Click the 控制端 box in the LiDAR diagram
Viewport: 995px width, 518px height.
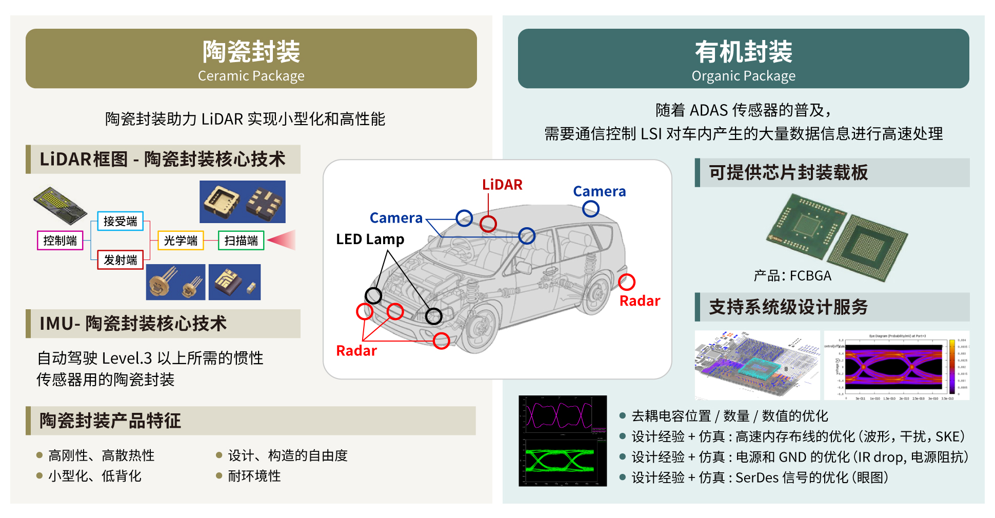[60, 241]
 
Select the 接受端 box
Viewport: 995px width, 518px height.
[120, 221]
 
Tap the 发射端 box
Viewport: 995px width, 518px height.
[120, 260]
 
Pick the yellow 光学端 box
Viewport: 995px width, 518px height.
[181, 241]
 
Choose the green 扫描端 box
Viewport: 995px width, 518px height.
[241, 241]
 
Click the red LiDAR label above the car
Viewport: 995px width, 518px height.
[502, 185]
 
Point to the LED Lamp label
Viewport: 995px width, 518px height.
[370, 239]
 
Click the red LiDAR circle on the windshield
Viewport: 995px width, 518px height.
[488, 224]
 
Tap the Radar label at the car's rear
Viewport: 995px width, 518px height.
[640, 301]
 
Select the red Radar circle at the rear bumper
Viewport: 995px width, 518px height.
[627, 282]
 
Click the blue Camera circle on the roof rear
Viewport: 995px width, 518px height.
[591, 209]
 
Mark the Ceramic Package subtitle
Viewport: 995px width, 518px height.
[251, 76]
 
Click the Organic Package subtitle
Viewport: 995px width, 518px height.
[743, 76]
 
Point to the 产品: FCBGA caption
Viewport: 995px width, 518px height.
[792, 276]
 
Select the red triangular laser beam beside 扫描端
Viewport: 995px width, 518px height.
[283, 240]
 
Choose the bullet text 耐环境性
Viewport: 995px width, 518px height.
[254, 476]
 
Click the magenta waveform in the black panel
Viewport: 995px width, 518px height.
[559, 415]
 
